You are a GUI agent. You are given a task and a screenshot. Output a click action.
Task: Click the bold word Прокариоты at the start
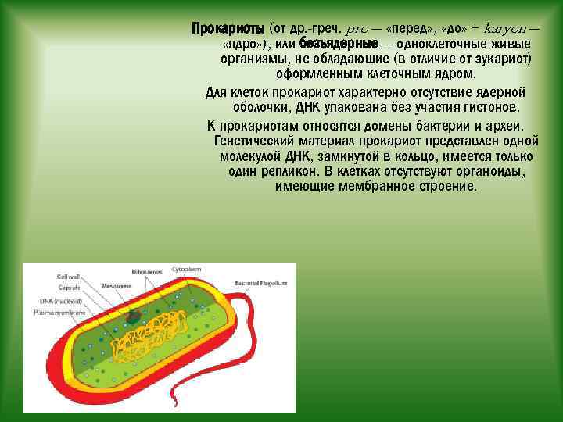(x=228, y=28)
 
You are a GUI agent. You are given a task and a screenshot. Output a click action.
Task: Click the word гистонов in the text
(x=493, y=107)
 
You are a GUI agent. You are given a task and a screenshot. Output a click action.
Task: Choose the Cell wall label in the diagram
(x=68, y=277)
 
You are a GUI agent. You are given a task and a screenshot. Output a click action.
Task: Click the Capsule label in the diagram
(x=66, y=288)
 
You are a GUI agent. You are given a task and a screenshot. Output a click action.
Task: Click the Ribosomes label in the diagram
(x=146, y=271)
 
